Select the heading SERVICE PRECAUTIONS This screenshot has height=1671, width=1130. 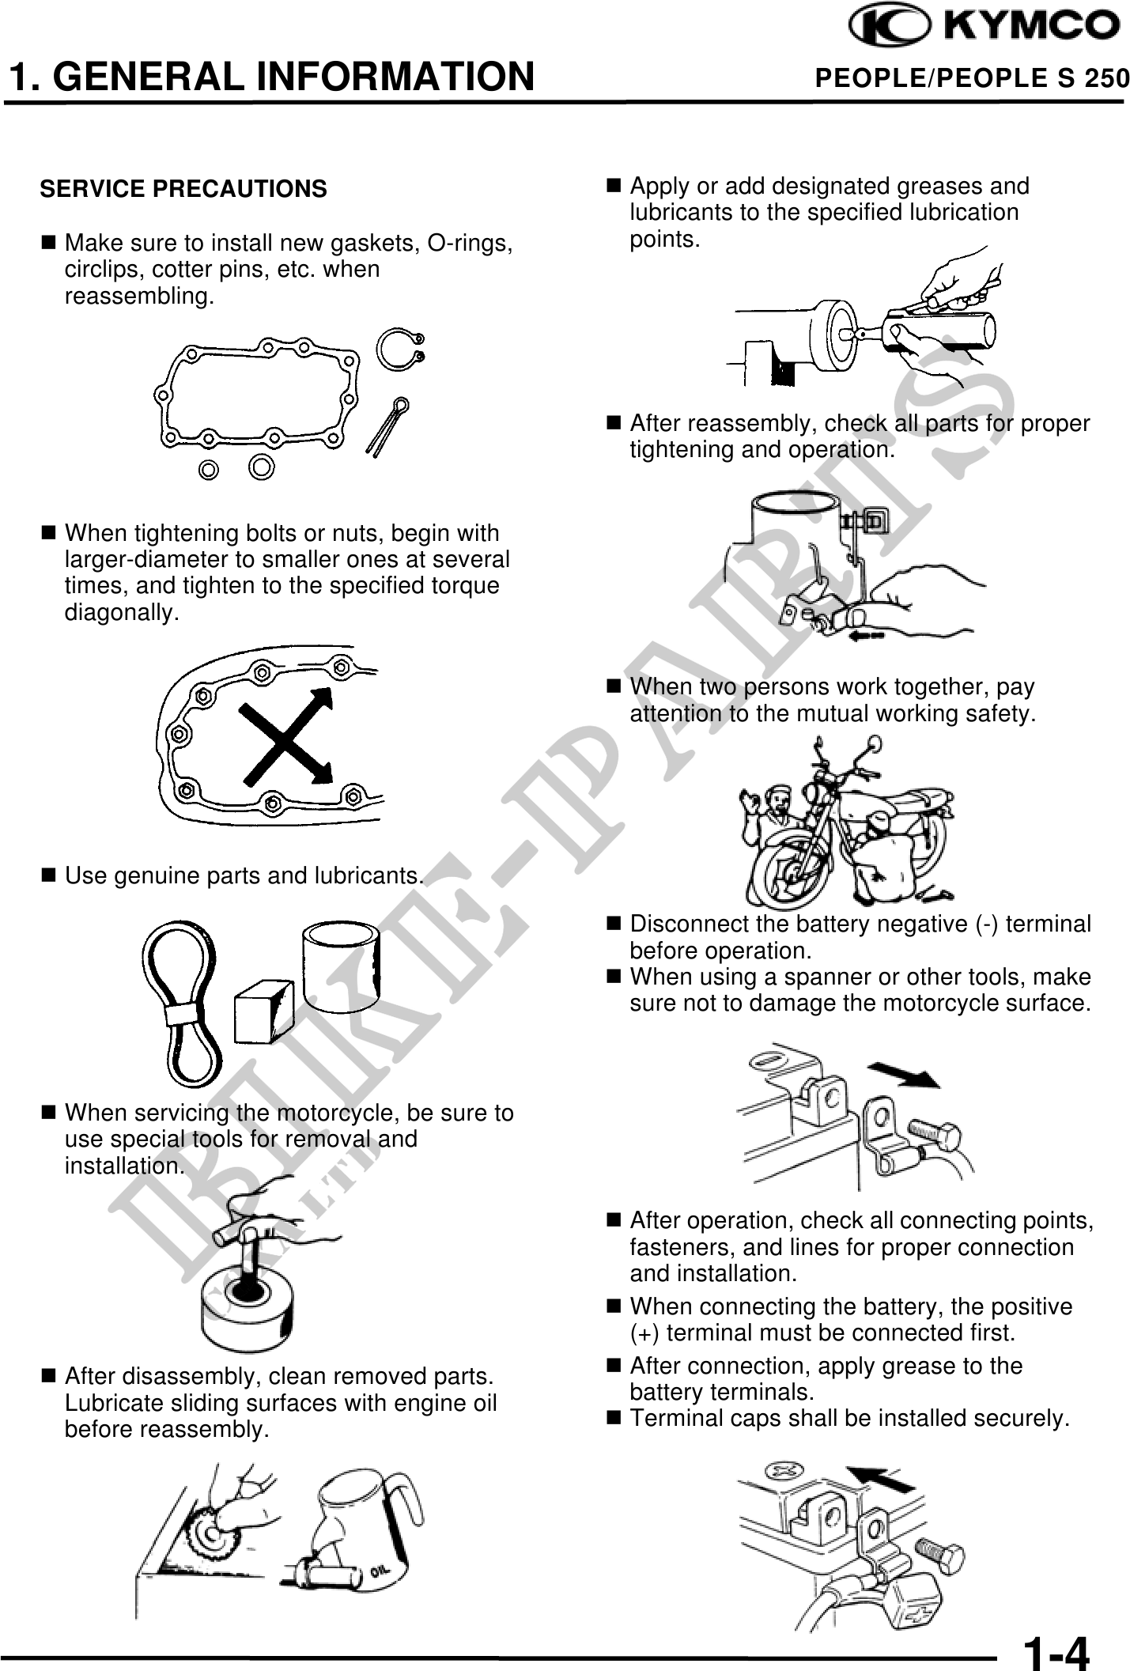coord(183,190)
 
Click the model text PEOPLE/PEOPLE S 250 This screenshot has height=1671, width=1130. coord(973,78)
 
